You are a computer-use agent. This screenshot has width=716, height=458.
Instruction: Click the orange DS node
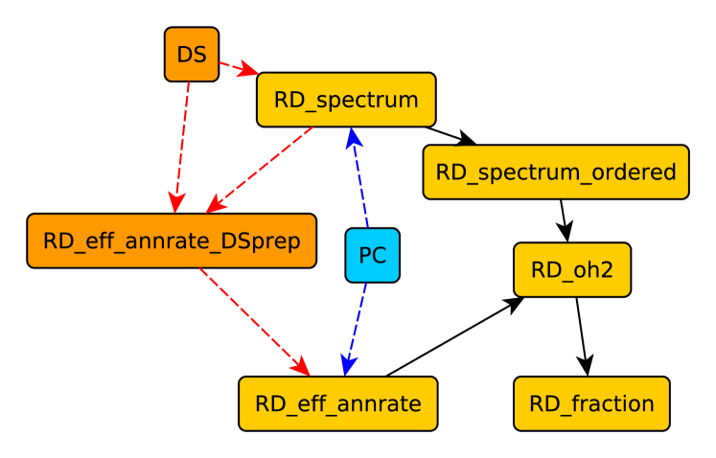192,54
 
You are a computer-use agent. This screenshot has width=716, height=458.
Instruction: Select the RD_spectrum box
346,100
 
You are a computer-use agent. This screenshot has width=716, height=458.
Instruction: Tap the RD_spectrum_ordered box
556,172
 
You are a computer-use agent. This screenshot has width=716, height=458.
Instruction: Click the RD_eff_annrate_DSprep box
172,240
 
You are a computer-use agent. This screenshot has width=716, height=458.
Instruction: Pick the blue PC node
372,256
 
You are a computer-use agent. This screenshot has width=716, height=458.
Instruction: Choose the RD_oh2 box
571,270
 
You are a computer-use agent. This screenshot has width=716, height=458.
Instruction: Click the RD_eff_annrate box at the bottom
337,403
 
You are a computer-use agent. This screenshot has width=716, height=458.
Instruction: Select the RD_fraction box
591,403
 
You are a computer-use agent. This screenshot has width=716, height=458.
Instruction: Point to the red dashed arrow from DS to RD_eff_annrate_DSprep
182,144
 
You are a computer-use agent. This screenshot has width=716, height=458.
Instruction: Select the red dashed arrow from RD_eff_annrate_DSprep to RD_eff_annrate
254,321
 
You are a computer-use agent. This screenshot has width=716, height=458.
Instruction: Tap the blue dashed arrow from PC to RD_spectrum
360,177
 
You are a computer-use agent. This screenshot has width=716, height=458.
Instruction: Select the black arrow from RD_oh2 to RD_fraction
581,335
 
